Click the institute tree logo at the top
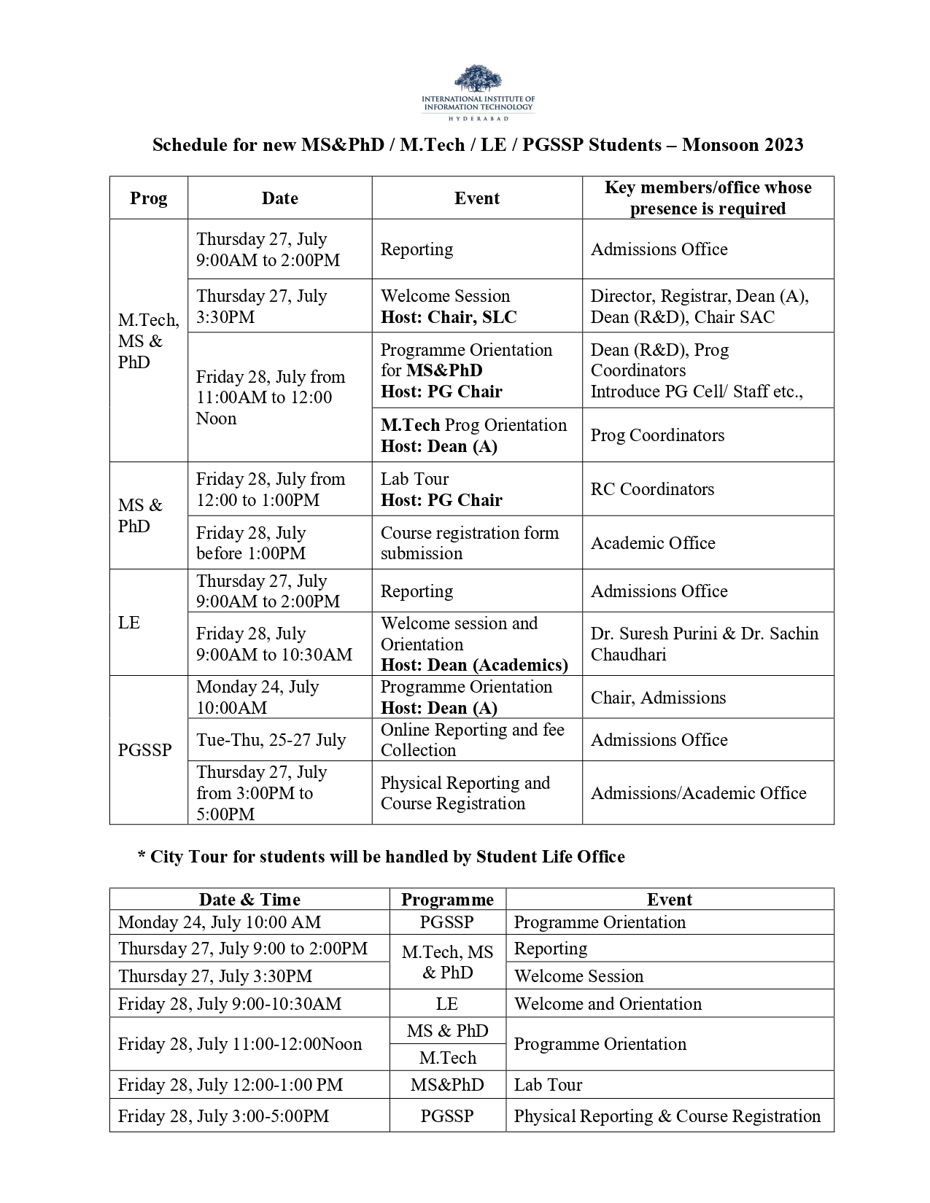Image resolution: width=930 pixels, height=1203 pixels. tap(478, 79)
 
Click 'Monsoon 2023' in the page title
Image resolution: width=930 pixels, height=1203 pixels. tap(743, 145)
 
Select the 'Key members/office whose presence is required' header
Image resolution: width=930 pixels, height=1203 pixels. tap(708, 198)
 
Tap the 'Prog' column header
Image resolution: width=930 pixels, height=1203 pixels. tap(149, 198)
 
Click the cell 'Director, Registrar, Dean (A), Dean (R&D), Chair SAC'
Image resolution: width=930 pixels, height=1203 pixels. tap(699, 306)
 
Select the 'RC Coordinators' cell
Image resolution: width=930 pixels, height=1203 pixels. tap(652, 489)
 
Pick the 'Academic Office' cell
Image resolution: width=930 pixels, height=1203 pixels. tap(653, 543)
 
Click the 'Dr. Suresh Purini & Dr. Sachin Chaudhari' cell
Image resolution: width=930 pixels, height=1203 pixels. tap(704, 644)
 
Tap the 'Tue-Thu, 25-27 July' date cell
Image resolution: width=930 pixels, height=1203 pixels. tap(271, 740)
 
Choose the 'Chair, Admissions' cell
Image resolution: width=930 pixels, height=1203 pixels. tap(658, 698)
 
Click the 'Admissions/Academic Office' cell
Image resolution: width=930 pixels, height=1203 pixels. tap(698, 793)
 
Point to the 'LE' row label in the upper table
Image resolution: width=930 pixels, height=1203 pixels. tap(129, 623)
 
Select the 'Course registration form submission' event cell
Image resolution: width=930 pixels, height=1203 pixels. tap(469, 543)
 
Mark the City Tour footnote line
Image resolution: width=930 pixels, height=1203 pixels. tap(381, 857)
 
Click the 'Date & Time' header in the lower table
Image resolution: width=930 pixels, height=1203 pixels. tap(249, 900)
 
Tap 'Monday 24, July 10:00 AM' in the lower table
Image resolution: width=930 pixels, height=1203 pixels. tap(220, 922)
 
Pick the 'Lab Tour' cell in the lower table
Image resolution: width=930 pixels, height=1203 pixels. tap(548, 1085)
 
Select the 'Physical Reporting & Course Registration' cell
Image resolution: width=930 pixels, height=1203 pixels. tap(667, 1116)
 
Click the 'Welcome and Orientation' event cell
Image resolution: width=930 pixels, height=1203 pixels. tap(608, 1004)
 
